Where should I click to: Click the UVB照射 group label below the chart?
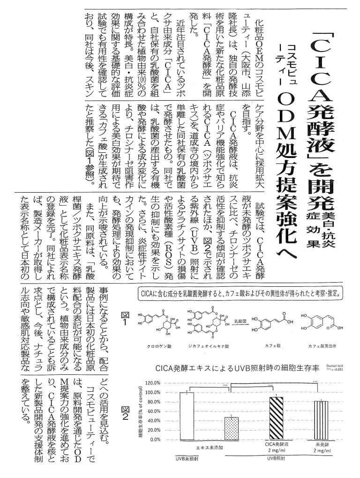276,460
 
